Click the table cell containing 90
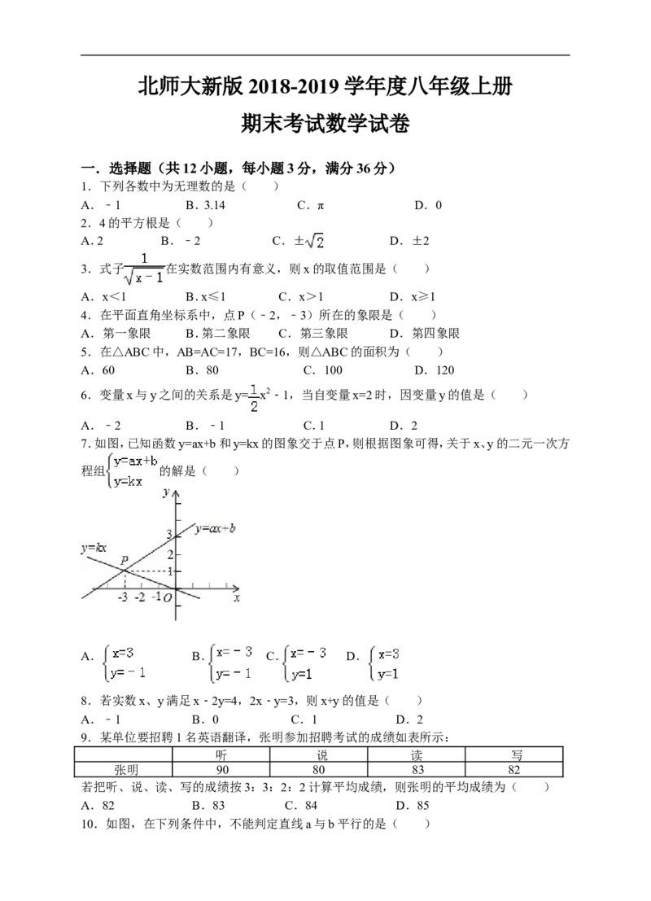tap(221, 769)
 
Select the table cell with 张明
tap(124, 769)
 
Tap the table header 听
tap(221, 754)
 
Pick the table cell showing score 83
tap(417, 769)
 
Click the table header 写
tap(514, 754)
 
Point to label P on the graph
tap(125, 560)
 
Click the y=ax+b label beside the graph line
tap(216, 528)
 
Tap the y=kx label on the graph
tap(94, 548)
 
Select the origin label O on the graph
tap(167, 598)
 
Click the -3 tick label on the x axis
tap(122, 597)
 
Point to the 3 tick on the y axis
tap(169, 534)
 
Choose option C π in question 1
tap(311, 205)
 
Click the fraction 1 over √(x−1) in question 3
tap(144, 269)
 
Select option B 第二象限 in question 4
tap(218, 333)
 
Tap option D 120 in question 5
tap(435, 370)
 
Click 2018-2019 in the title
tap(295, 87)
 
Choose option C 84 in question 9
tap(301, 805)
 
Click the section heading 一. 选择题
tap(116, 168)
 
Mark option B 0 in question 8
tap(206, 719)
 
